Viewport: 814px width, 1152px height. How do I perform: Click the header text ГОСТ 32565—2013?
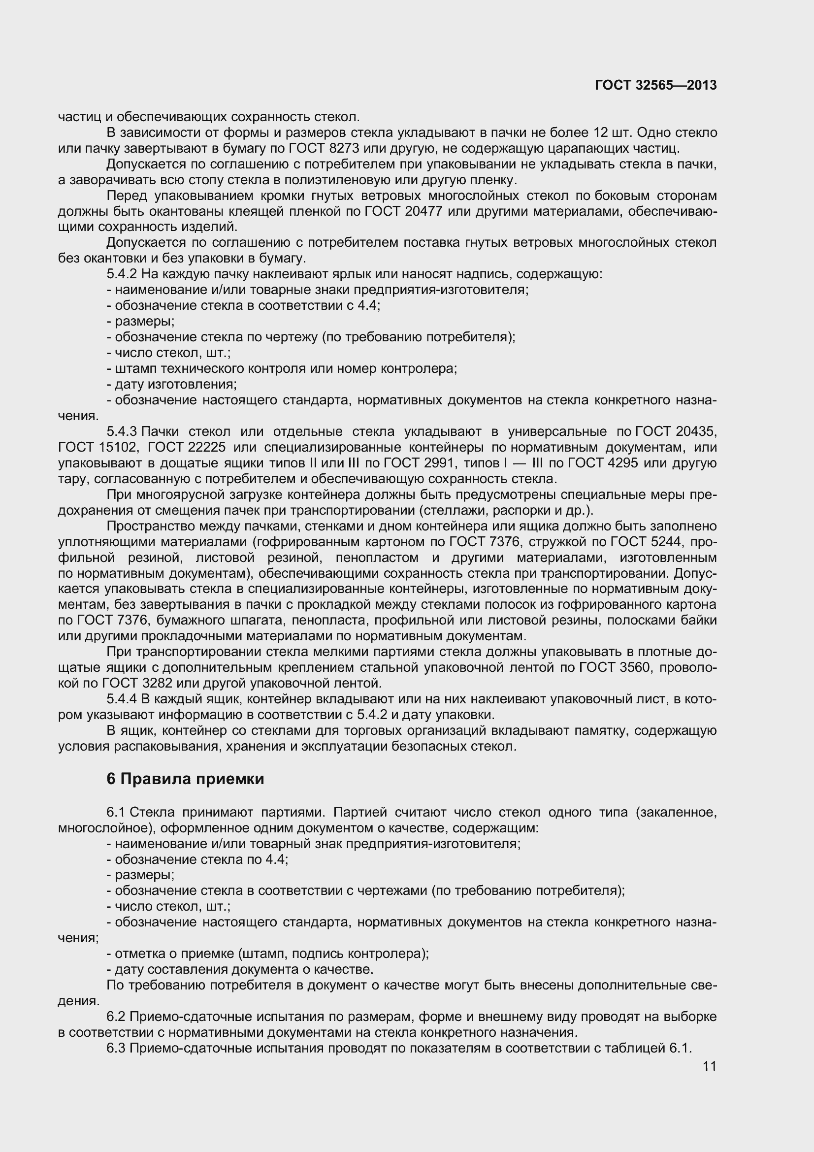[655, 85]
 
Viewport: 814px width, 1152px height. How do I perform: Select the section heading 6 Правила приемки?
[185, 779]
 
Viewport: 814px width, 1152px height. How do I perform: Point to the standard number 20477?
[423, 211]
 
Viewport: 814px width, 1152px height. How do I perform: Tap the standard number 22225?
[205, 447]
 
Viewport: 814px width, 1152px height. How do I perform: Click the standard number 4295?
[622, 463]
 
